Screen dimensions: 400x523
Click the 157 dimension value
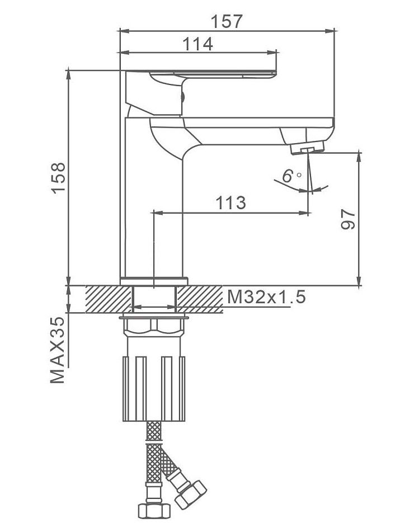point(226,21)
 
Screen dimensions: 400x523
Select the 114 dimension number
point(198,44)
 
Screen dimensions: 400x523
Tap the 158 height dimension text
point(58,178)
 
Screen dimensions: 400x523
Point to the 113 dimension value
point(230,202)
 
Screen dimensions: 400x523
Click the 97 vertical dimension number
point(348,219)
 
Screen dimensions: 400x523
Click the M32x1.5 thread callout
point(266,296)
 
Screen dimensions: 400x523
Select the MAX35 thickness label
point(58,350)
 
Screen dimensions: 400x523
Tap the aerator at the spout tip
point(307,147)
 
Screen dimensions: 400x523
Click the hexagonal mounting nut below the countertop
point(154,327)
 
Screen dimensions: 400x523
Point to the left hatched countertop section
point(109,299)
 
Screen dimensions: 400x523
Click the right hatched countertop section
point(200,299)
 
